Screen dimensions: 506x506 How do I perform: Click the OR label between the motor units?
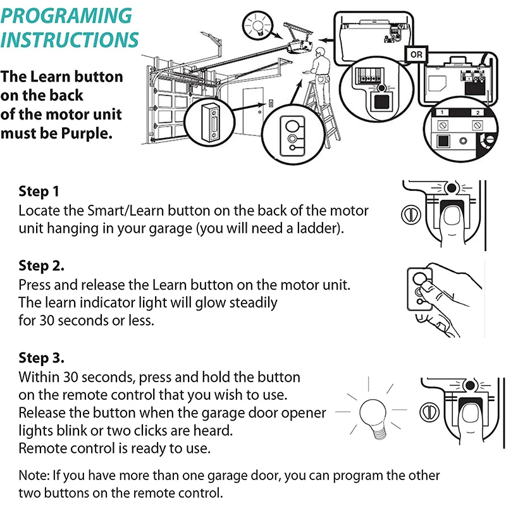tap(416, 55)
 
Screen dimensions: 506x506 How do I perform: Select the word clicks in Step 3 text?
tap(195, 431)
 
